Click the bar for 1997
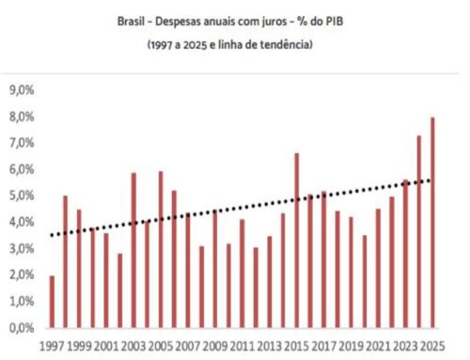click(52, 302)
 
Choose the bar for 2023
click(405, 254)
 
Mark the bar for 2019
click(351, 273)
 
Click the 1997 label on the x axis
click(53, 344)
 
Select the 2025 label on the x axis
click(432, 344)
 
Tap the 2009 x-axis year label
click(215, 344)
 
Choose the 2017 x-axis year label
click(323, 344)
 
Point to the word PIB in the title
click(334, 19)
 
